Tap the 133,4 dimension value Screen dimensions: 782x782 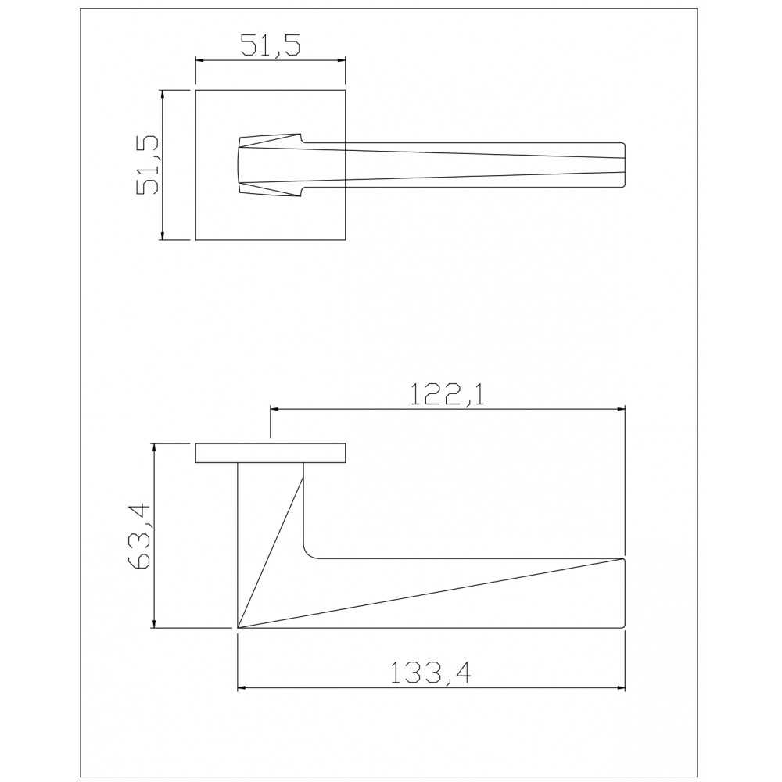click(429, 673)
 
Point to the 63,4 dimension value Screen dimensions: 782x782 click(140, 536)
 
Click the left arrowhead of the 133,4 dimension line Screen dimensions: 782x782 click(242, 688)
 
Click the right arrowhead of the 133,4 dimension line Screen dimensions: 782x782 click(620, 688)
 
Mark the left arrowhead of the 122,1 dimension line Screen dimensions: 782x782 click(274, 410)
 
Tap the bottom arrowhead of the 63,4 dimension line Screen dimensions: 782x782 click(155, 623)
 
